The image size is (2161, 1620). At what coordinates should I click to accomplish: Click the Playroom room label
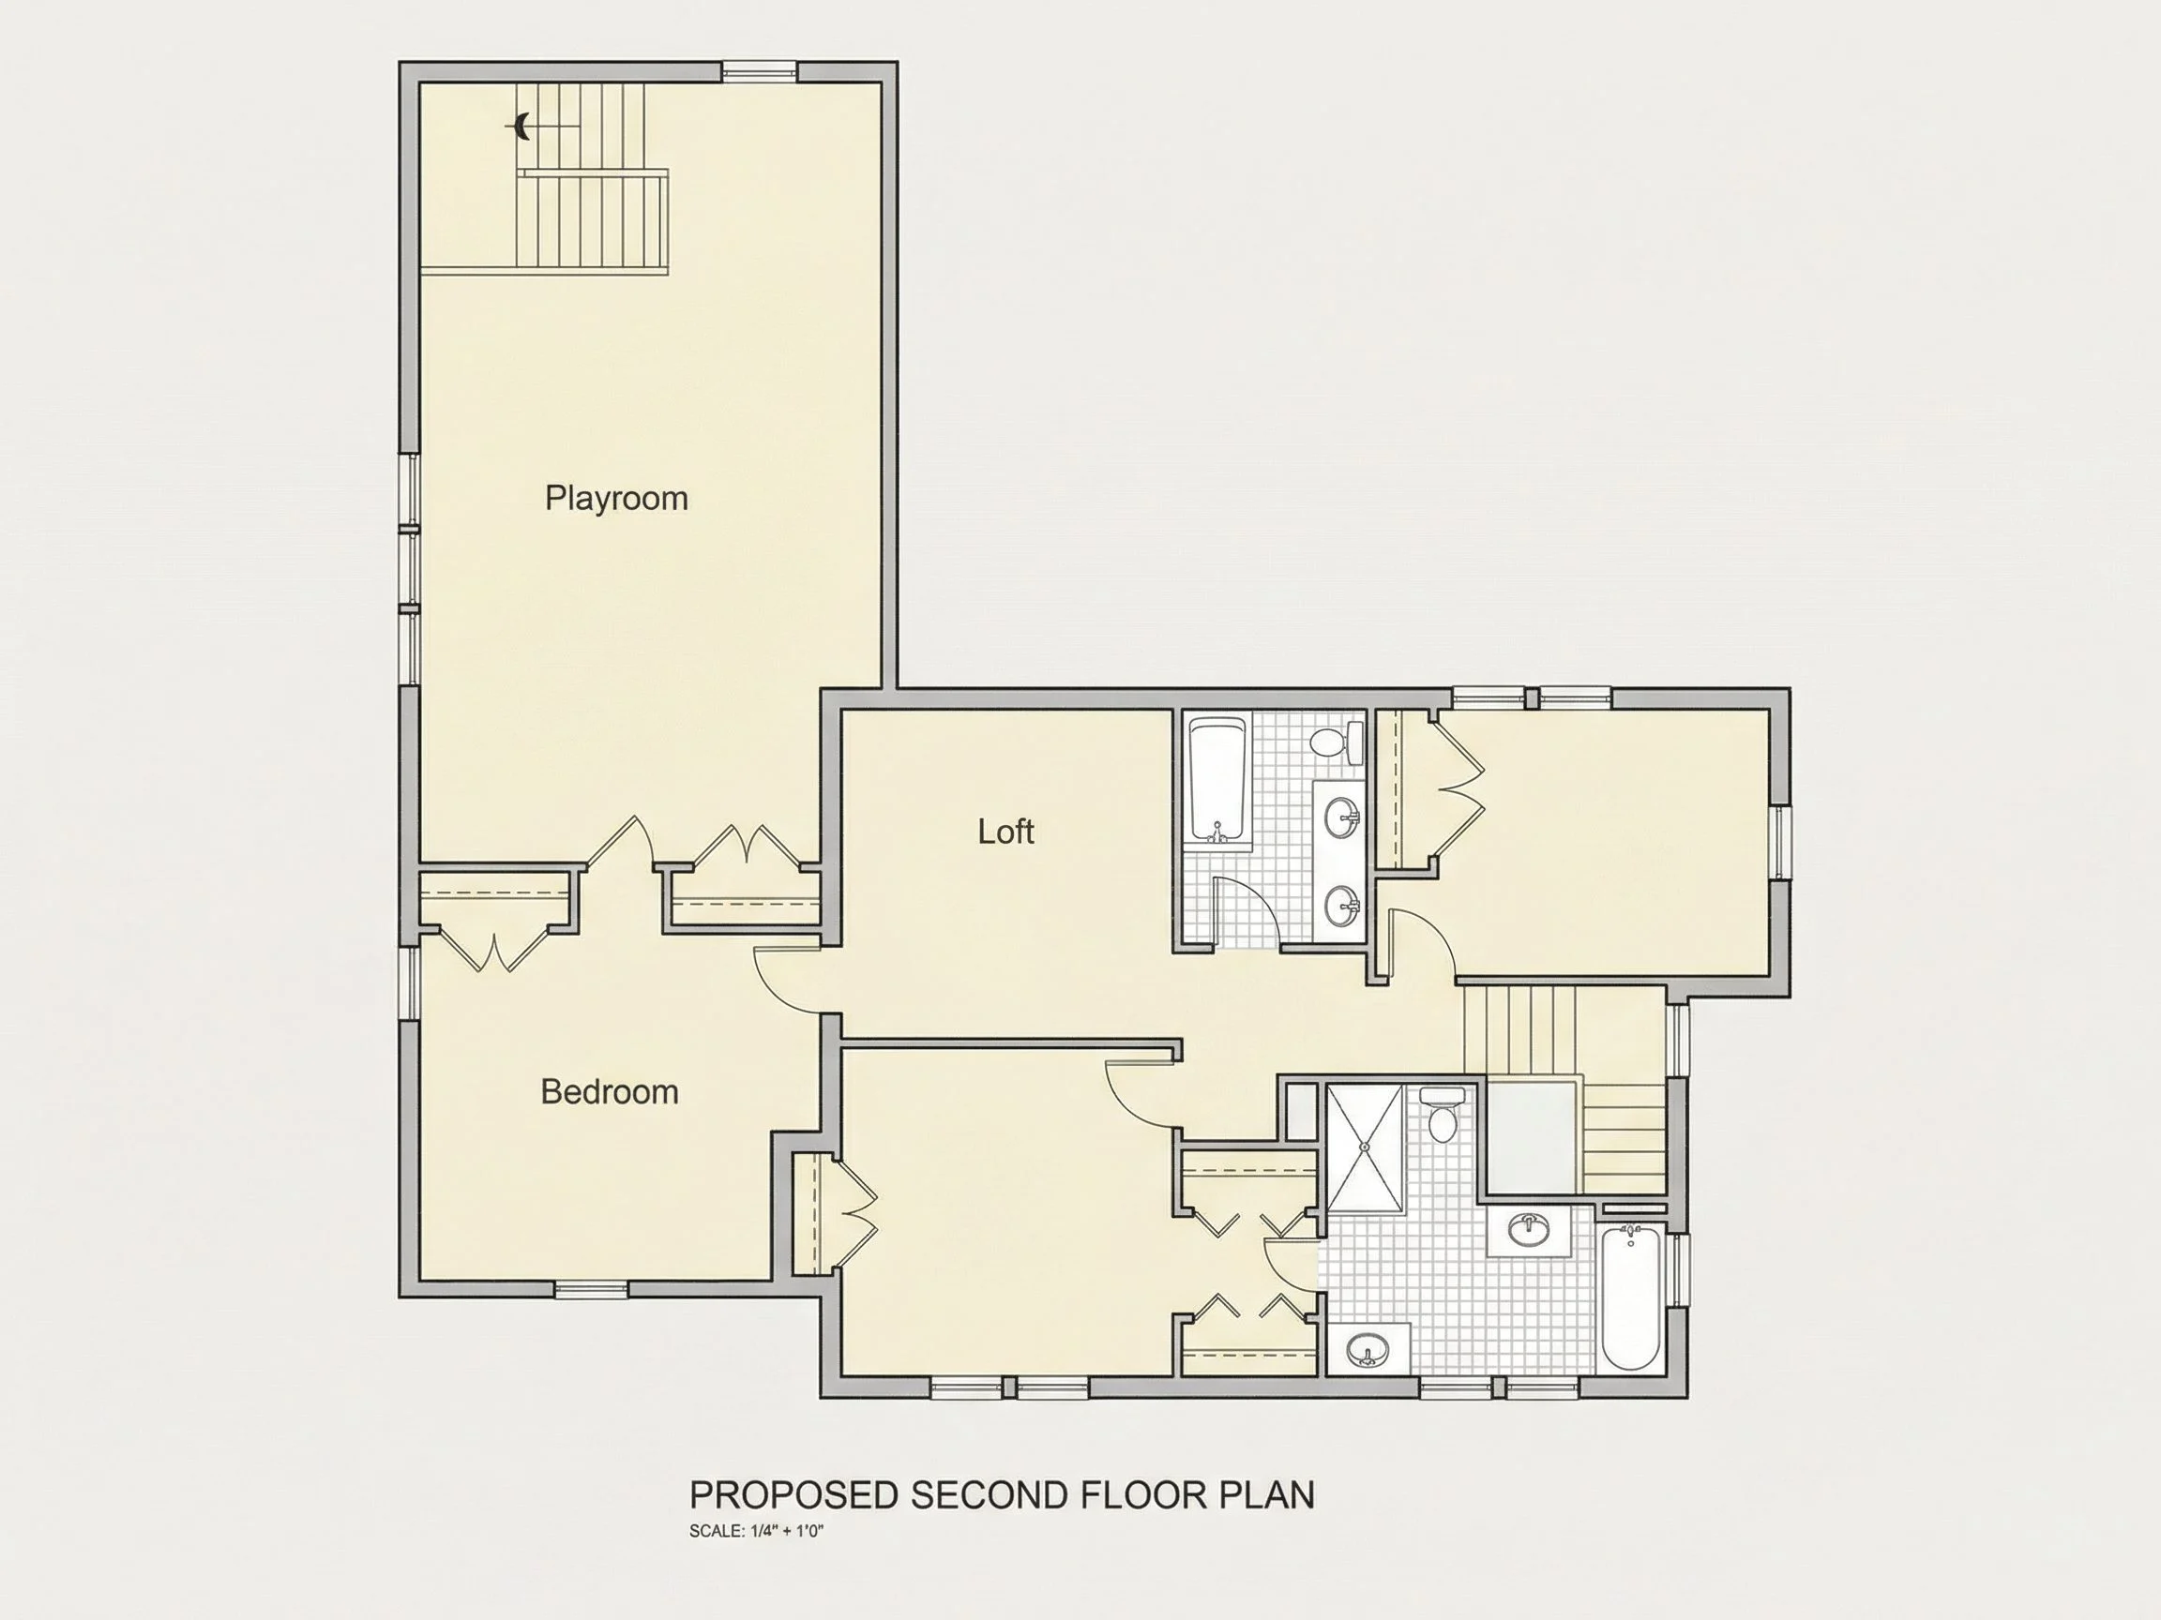pos(616,499)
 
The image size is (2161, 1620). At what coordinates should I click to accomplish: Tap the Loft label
pos(1005,832)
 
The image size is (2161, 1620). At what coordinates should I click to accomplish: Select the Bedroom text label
pos(610,1091)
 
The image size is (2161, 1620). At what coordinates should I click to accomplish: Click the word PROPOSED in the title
pos(794,1496)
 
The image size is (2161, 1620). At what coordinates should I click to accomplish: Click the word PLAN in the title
pos(1267,1496)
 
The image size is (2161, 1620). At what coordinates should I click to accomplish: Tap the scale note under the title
pos(756,1531)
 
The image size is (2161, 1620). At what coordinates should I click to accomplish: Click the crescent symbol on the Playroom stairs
pos(521,126)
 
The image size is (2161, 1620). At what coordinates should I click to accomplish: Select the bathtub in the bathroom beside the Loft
pos(1218,781)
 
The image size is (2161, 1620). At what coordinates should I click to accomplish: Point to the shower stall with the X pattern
pos(1365,1147)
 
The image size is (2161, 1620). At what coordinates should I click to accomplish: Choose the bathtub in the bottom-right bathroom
pos(1630,1297)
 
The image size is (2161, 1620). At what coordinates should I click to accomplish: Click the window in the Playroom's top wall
pos(759,71)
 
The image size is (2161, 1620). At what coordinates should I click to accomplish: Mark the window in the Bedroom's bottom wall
pos(591,1290)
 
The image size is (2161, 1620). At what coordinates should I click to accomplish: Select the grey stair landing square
pos(1531,1137)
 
